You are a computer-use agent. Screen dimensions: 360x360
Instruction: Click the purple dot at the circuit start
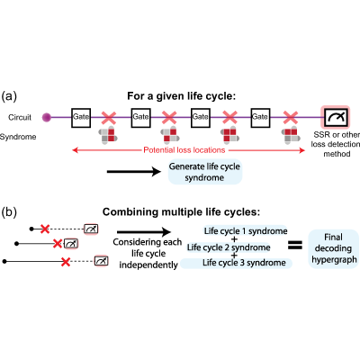coord(47,117)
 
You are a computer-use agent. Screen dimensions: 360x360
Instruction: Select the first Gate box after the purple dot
coord(81,118)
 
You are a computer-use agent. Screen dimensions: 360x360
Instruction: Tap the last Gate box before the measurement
coord(260,118)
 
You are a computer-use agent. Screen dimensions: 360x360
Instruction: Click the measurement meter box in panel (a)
coord(336,117)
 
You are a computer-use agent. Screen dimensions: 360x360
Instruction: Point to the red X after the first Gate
coord(109,118)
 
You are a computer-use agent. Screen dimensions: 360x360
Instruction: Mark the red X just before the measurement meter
coord(290,118)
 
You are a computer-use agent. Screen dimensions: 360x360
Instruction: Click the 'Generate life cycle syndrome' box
coord(205,172)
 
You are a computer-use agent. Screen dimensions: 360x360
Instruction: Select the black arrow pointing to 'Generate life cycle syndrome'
coord(134,172)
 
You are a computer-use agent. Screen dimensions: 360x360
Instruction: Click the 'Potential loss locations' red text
coord(184,150)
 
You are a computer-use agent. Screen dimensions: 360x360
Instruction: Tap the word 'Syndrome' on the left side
coord(18,137)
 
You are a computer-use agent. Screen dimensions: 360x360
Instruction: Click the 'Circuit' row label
coord(20,117)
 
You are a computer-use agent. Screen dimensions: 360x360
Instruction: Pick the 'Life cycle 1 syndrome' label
coord(246,231)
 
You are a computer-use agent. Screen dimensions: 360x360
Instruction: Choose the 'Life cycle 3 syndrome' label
coord(244,263)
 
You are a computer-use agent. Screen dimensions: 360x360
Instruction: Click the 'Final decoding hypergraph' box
coord(334,248)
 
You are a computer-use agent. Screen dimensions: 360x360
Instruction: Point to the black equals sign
coord(295,246)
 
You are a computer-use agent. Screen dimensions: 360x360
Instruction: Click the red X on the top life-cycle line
coord(45,229)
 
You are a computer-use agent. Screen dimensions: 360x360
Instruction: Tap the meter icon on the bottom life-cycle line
coord(101,261)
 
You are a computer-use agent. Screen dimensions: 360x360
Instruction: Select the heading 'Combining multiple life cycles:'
coord(181,212)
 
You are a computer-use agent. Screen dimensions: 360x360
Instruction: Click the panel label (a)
coord(9,96)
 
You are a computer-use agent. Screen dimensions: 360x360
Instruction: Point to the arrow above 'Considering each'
coord(144,232)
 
